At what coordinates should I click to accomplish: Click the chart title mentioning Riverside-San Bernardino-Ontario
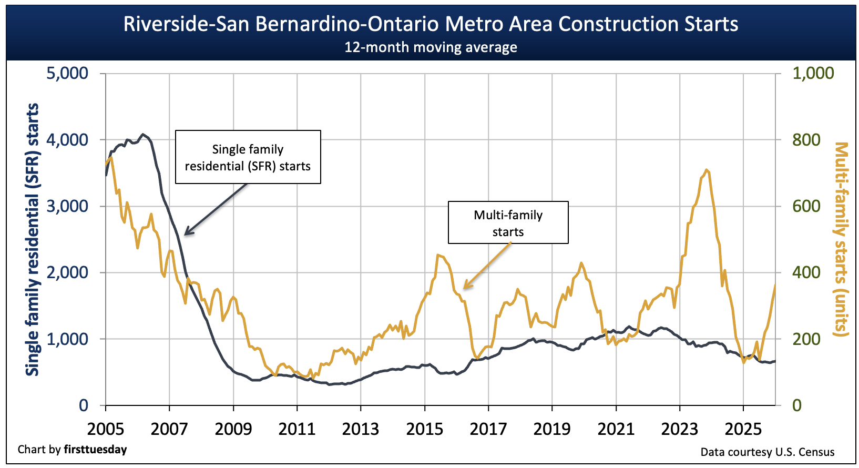431,24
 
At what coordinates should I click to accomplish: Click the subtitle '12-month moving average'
431,47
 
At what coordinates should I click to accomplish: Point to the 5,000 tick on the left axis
67,73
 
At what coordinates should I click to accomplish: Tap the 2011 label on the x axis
297,429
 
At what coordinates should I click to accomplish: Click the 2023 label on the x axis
679,429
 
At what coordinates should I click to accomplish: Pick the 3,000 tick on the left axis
67,206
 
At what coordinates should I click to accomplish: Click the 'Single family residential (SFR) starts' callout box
248,157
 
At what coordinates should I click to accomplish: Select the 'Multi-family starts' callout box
508,222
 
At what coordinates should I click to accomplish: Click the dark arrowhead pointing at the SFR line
187,232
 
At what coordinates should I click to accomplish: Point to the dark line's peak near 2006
143,134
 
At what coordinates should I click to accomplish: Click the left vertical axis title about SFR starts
33,239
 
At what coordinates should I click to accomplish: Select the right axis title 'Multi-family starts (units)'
842,239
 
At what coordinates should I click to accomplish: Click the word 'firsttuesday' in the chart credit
95,450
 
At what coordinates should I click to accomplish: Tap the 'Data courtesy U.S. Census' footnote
767,452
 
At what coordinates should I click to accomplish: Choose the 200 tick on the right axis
806,339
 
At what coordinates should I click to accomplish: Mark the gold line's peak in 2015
437,255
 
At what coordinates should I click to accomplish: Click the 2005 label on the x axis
106,429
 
